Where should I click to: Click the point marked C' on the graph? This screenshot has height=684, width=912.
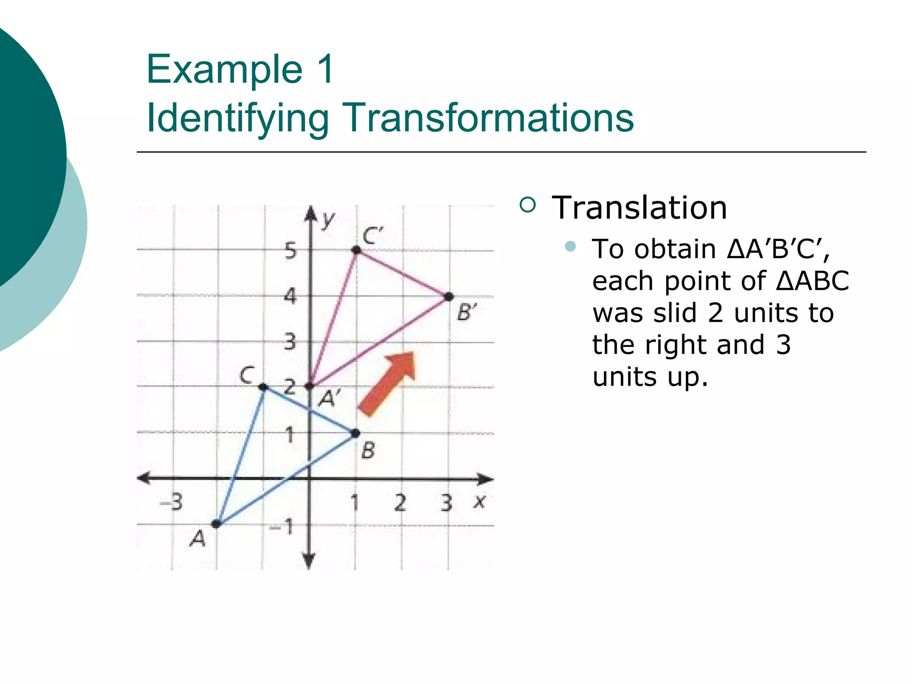(356, 250)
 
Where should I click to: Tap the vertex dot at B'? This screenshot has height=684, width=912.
(449, 296)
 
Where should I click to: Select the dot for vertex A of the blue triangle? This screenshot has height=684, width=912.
(216, 524)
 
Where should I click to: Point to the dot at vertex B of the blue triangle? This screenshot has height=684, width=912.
(355, 433)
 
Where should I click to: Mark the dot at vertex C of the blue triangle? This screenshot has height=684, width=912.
(263, 387)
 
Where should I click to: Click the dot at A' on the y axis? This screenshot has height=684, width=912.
(310, 386)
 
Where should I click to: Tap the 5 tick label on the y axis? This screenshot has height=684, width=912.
(290, 251)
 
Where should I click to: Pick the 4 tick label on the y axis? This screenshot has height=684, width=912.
(290, 296)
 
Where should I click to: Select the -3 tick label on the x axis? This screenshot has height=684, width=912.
(171, 502)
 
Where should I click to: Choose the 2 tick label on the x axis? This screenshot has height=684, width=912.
(400, 503)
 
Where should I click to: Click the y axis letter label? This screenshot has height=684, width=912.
(328, 220)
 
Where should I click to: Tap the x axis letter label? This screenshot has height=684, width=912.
(479, 502)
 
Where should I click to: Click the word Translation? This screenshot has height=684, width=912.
(639, 208)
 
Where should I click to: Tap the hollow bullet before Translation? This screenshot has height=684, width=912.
(528, 205)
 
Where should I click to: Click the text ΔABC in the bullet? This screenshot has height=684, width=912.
(813, 281)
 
